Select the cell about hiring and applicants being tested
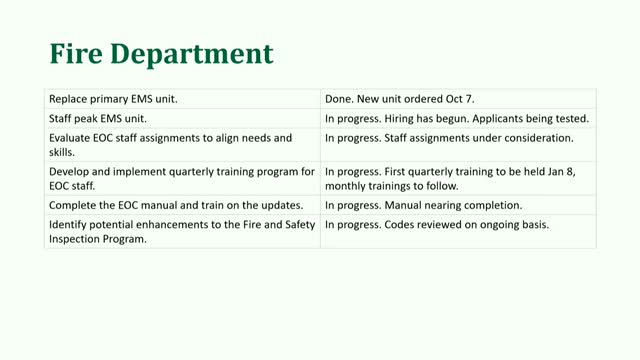(457, 118)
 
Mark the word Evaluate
(72, 137)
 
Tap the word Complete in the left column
(75, 205)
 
